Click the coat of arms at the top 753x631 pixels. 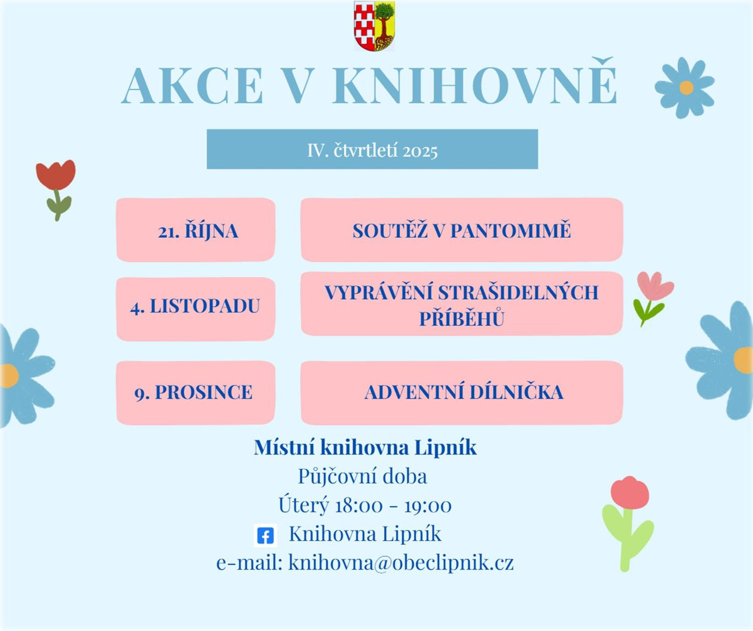tap(375, 26)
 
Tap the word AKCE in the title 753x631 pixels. tap(192, 85)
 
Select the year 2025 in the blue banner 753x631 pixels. tap(420, 151)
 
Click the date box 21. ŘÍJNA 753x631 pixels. tap(196, 230)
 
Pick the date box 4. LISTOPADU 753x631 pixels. tap(196, 309)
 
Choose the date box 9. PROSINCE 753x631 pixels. tap(196, 393)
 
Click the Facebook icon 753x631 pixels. tap(265, 536)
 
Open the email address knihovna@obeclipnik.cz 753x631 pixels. tap(401, 563)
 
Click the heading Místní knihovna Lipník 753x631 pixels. tap(365, 448)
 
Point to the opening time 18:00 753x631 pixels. tap(358, 505)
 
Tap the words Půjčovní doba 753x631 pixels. tap(363, 477)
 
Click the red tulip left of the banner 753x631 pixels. tap(56, 190)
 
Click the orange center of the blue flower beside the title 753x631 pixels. tap(686, 88)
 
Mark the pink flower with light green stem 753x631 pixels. tap(628, 523)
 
